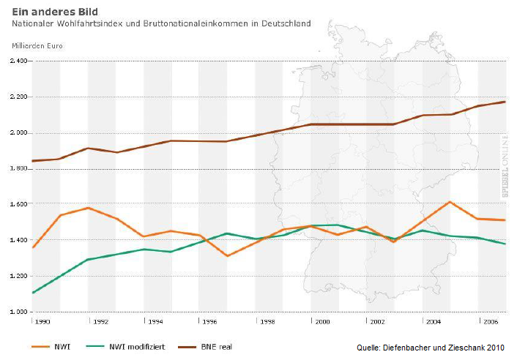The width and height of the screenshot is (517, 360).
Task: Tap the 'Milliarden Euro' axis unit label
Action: pyautogui.click(x=37, y=45)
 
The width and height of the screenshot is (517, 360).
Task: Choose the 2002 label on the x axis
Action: pyautogui.click(x=377, y=321)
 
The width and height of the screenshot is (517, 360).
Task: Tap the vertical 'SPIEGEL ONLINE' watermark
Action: pyautogui.click(x=505, y=165)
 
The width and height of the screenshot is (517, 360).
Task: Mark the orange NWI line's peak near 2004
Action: pyautogui.click(x=450, y=202)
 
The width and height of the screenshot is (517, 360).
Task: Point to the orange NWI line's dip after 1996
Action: pyautogui.click(x=227, y=256)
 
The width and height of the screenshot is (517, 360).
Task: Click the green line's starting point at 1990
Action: pyautogui.click(x=33, y=293)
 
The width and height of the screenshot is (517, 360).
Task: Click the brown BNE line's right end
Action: pyautogui.click(x=505, y=102)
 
